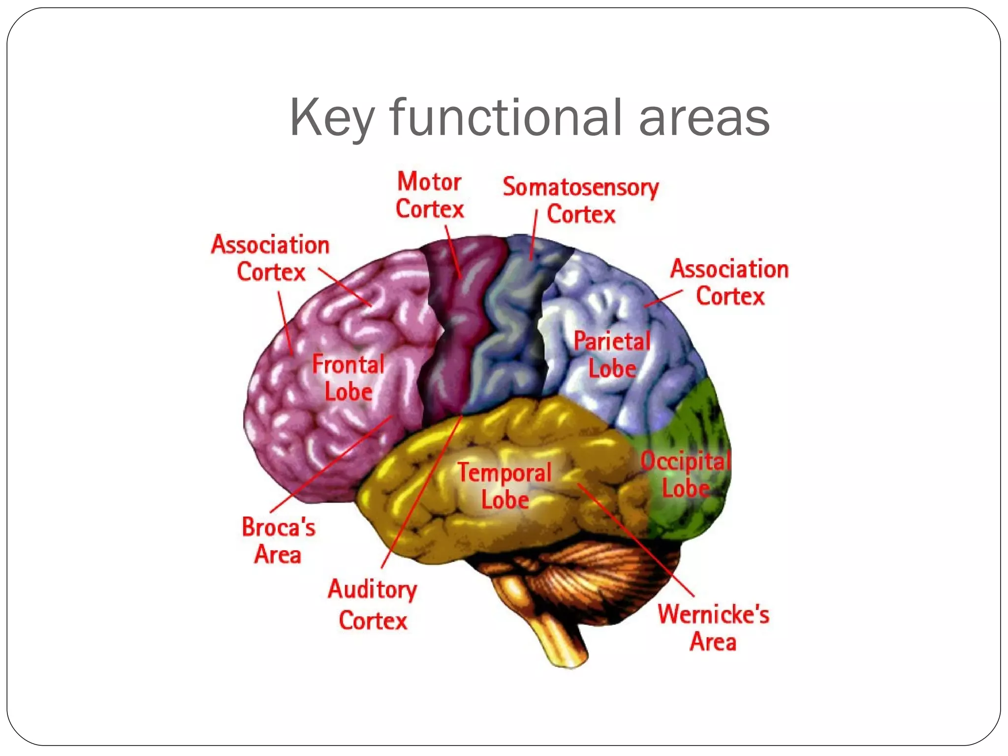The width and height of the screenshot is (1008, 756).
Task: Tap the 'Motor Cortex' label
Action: click(x=430, y=195)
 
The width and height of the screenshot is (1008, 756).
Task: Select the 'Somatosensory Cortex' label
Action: click(x=581, y=201)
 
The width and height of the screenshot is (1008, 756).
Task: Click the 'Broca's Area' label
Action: click(x=278, y=541)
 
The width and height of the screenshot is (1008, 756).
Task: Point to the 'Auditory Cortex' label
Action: click(x=373, y=604)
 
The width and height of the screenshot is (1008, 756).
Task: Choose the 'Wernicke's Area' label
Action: click(x=713, y=628)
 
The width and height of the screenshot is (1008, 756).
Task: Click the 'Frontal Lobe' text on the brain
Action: click(x=348, y=378)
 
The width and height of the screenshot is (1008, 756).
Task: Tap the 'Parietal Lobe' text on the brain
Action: click(x=612, y=355)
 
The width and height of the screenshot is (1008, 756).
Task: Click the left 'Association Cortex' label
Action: click(x=270, y=258)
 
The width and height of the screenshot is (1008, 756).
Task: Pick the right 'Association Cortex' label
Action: click(x=729, y=283)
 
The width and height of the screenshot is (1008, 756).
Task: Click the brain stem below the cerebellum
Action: click(x=566, y=640)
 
